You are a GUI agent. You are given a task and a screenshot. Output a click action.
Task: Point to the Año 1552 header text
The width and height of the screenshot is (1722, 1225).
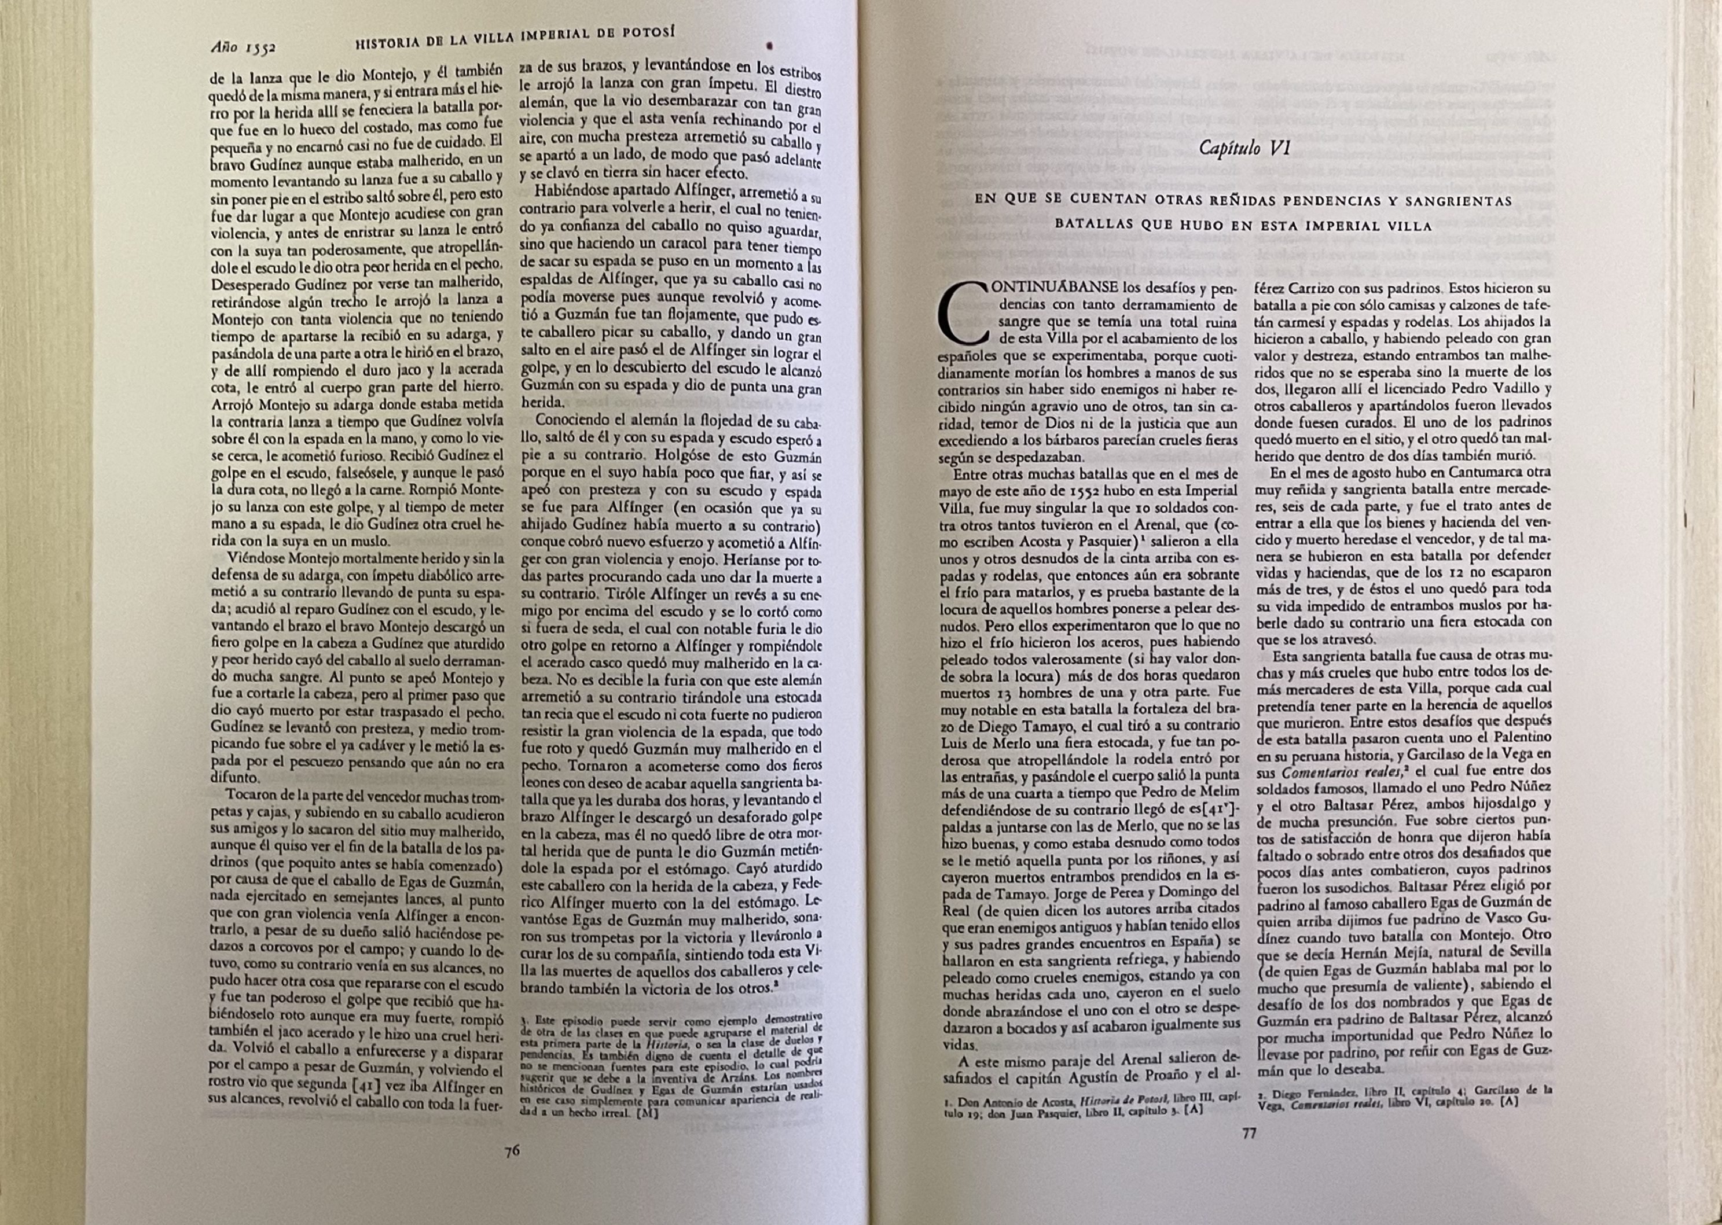[243, 47]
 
